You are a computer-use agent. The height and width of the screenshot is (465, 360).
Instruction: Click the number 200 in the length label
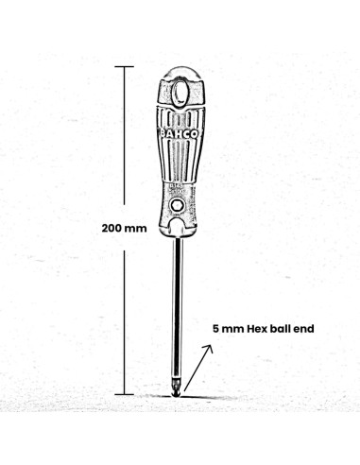114,229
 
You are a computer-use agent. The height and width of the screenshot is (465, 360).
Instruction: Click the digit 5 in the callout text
215,330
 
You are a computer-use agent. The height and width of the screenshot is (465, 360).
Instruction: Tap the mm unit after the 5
230,330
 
